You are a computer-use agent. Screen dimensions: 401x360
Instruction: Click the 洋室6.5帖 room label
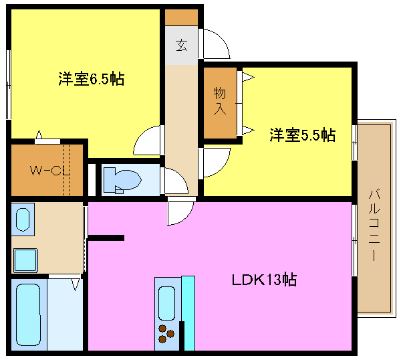[x=92, y=79]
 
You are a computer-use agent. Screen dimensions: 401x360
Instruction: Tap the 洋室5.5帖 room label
[x=303, y=135]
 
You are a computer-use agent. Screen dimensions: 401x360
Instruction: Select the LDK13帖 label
[x=264, y=280]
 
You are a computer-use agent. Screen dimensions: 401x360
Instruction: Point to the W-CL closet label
[x=50, y=171]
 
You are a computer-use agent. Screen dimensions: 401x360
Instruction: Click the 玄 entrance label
[x=181, y=46]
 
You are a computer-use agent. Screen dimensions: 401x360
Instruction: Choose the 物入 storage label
[x=220, y=100]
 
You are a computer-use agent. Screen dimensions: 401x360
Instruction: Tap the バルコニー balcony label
[x=374, y=225]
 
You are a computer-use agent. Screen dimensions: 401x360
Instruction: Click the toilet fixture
[x=123, y=180]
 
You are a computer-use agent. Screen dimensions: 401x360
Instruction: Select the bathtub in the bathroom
[x=28, y=314]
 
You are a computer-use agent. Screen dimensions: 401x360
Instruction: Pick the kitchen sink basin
[x=166, y=303]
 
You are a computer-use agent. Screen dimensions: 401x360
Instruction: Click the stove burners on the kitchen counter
[x=166, y=333]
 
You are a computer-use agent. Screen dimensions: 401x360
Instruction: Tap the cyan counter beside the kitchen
[x=188, y=313]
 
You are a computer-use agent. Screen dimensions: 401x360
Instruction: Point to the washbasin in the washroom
[x=23, y=219]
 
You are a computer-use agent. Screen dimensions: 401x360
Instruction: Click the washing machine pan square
[x=25, y=260]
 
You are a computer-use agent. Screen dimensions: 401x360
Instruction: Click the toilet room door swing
[x=176, y=181]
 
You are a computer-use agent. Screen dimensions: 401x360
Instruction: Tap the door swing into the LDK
[x=180, y=213]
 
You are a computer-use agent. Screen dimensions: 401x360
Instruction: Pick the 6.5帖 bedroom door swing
[x=147, y=141]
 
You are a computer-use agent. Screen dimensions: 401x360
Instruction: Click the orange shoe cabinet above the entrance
[x=181, y=17]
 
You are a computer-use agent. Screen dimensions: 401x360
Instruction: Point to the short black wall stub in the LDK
[x=106, y=238]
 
